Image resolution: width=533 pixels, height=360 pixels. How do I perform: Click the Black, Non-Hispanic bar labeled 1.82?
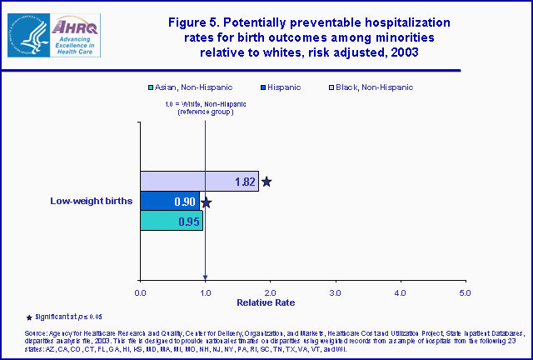[199, 181]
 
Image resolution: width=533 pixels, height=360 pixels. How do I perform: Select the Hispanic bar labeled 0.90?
[170, 201]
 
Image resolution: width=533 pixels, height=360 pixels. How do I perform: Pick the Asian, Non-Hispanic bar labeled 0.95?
[171, 221]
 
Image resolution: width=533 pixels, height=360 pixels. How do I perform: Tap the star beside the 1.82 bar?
[266, 181]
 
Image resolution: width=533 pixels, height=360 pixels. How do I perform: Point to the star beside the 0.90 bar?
[207, 202]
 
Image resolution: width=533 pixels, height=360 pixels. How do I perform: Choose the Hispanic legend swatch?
[263, 87]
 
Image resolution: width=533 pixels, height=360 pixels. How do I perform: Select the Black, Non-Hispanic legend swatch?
[332, 87]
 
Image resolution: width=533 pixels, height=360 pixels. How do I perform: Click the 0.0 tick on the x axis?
[140, 292]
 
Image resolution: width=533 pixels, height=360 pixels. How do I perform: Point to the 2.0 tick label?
[270, 292]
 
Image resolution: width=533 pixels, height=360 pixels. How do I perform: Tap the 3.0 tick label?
[335, 292]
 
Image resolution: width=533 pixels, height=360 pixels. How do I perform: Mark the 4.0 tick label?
[400, 292]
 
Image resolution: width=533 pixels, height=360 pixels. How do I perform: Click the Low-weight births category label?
[92, 201]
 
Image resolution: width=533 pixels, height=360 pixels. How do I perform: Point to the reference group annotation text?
[205, 107]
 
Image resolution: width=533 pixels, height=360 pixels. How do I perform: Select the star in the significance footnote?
[30, 317]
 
